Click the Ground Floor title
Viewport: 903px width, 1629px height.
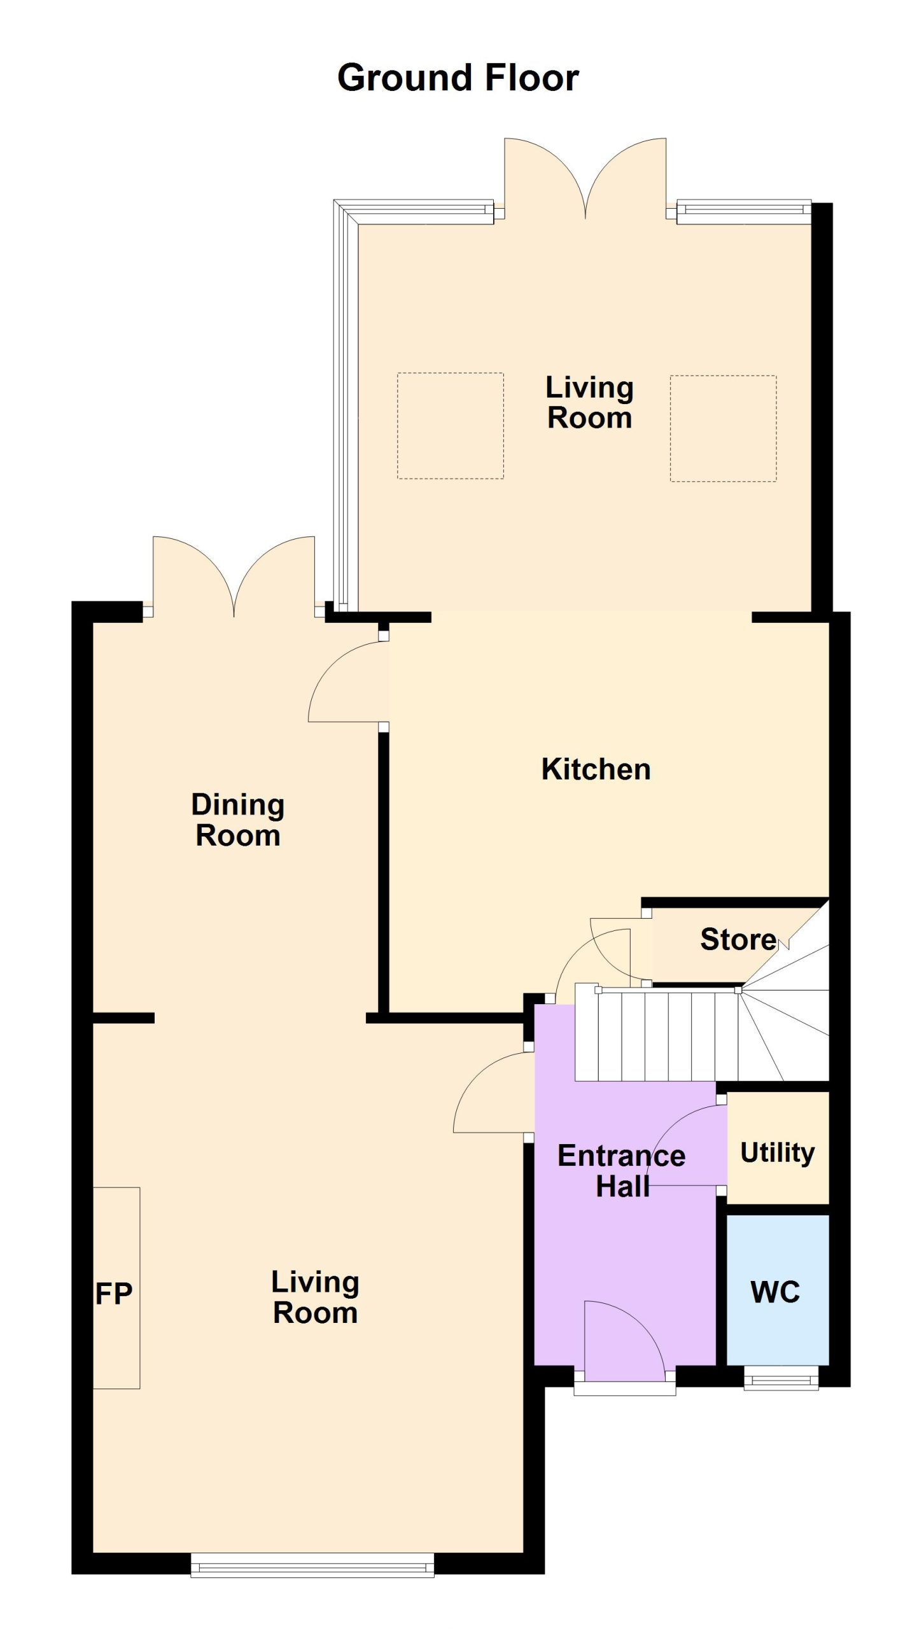[x=458, y=78]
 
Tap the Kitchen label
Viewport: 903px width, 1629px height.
[x=596, y=769]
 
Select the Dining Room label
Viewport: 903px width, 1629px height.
[x=238, y=820]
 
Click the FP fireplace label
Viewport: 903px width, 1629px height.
[x=114, y=1294]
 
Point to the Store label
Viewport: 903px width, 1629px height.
[x=738, y=939]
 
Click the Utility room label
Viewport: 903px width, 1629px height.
[x=778, y=1153]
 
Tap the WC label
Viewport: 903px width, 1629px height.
[x=776, y=1292]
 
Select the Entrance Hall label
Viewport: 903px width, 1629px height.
[x=622, y=1171]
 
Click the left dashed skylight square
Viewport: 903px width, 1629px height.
[x=451, y=426]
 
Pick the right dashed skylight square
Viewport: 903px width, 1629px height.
[x=723, y=428]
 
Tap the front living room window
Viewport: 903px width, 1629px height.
[x=312, y=1565]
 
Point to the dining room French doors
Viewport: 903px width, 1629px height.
[x=234, y=577]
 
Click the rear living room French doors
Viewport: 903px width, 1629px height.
[x=585, y=178]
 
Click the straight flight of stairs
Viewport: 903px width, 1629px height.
[x=657, y=1036]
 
